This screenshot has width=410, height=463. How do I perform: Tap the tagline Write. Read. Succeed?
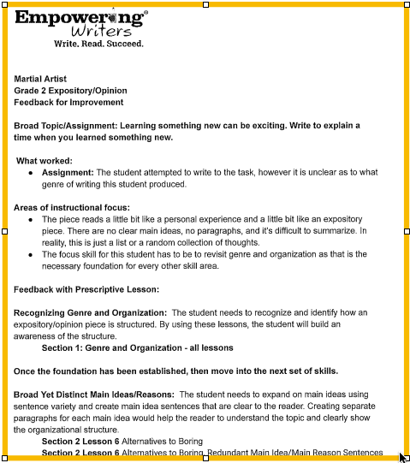[98, 43]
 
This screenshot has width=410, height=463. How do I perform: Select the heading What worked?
[45, 161]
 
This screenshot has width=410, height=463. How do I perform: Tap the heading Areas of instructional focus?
[72, 207]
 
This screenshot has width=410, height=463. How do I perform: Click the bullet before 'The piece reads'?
[30, 219]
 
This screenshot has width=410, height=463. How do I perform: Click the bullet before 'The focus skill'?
[30, 254]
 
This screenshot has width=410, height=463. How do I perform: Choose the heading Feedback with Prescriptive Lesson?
[86, 289]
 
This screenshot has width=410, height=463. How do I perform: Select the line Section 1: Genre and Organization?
[137, 348]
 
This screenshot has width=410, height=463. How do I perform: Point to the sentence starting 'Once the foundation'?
[175, 371]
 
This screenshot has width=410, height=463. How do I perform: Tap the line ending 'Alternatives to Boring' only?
[121, 442]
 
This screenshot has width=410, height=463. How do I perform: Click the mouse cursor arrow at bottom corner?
[402, 456]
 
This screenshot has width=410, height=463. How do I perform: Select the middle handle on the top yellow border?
[205, 4]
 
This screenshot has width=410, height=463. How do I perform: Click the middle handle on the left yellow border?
[5, 231]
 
